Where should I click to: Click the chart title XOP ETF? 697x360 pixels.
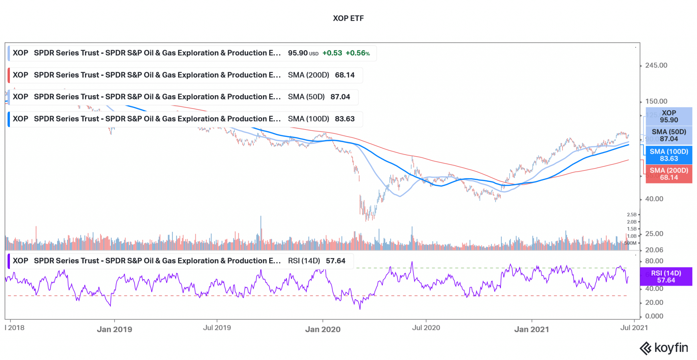click(348, 18)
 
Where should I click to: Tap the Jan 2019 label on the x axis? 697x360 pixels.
click(114, 329)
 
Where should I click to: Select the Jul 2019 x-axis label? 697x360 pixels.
click(217, 328)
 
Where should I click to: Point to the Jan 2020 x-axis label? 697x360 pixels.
click(323, 329)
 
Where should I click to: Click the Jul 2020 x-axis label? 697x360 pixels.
click(426, 328)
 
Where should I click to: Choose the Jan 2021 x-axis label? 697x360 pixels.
click(531, 329)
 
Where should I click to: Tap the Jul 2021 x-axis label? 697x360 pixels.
click(634, 328)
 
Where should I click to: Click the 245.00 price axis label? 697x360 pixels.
click(656, 65)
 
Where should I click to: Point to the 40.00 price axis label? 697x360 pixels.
click(654, 199)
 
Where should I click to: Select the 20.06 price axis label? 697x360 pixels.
click(654, 250)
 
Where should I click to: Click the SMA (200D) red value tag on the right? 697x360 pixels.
click(669, 174)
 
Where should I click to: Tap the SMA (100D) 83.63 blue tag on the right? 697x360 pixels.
click(669, 155)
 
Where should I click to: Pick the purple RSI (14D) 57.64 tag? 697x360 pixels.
click(666, 277)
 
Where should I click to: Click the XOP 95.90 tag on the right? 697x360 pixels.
click(669, 116)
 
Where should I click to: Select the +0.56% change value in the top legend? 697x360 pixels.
click(357, 53)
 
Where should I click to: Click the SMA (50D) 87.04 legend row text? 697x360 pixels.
click(319, 97)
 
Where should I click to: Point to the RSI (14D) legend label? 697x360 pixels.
click(304, 261)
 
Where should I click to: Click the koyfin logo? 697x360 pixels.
click(664, 348)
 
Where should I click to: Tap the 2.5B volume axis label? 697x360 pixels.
click(631, 215)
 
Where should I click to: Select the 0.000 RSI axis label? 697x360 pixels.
click(654, 316)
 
